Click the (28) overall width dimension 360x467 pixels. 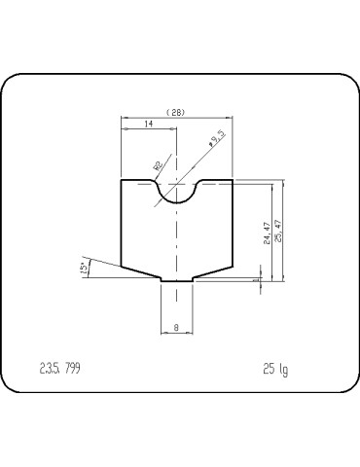tap(176, 113)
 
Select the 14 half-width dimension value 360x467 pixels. tap(147, 126)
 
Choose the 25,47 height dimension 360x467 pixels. tap(279, 231)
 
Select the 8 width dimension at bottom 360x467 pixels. tap(176, 328)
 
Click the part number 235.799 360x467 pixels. tap(59, 369)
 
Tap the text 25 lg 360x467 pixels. tap(274, 369)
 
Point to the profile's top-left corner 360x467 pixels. tap(120, 180)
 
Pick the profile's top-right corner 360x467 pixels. tap(233, 180)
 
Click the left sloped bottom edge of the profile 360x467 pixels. tap(140, 272)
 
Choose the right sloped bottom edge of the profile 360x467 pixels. tap(212, 272)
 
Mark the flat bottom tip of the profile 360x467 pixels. tap(176, 280)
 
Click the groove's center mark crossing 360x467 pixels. tap(176, 181)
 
